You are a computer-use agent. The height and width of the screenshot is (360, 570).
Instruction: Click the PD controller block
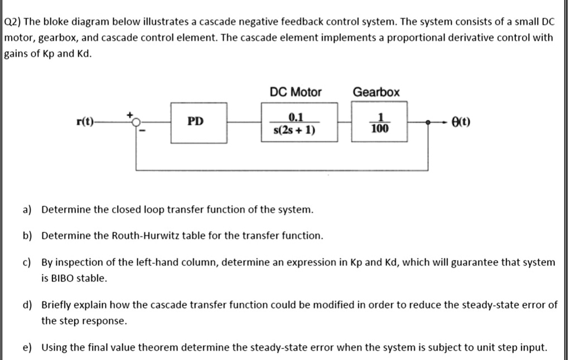coord(199,123)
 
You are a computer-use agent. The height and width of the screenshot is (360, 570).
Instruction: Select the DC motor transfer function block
coord(300,123)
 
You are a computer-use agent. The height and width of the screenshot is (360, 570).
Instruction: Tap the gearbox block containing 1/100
coord(379,123)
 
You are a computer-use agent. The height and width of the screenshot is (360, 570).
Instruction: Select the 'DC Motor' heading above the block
coord(296,92)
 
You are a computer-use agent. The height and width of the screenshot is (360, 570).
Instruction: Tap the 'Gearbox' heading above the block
coord(376,92)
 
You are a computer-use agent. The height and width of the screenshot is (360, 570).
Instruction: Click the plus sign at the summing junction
coord(132,114)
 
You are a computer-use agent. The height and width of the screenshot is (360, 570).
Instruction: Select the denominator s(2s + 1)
coord(295,131)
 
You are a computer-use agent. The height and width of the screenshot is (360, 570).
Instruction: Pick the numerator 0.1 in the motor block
coord(296,116)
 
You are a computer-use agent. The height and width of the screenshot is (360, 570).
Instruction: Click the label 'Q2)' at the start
coord(12,22)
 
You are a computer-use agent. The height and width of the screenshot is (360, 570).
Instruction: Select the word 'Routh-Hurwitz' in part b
coord(158,236)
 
